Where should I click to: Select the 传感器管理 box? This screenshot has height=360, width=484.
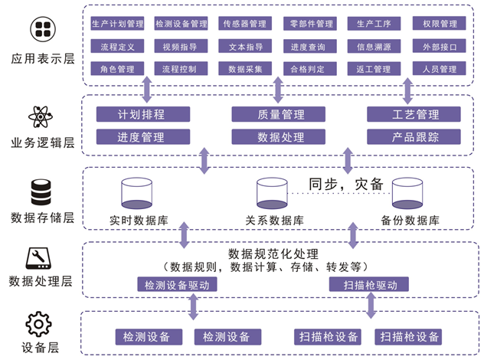(x=245, y=24)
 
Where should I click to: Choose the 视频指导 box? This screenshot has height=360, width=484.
(x=180, y=46)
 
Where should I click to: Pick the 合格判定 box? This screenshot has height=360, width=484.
(x=308, y=69)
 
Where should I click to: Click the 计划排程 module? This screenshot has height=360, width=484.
(x=142, y=114)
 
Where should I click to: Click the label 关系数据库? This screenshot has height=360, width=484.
(x=274, y=221)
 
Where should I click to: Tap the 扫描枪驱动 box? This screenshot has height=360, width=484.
(x=368, y=284)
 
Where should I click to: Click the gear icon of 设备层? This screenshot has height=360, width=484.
(x=38, y=325)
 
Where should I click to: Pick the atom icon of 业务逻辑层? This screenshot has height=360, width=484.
(x=39, y=117)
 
